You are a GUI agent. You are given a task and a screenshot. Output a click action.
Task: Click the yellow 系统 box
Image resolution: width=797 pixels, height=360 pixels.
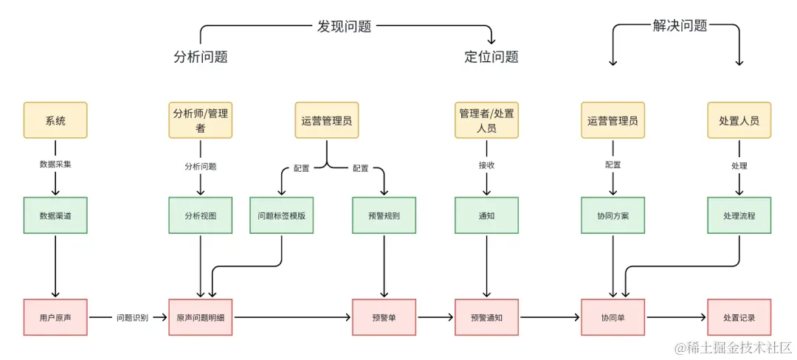coord(55,120)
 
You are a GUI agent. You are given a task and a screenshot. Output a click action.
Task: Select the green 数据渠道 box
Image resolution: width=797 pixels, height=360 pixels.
coord(55,215)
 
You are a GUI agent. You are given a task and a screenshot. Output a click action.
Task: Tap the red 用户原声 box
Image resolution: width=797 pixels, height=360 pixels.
coord(55,317)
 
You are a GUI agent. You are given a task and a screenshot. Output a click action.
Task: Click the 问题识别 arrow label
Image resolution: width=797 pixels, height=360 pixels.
coord(132,318)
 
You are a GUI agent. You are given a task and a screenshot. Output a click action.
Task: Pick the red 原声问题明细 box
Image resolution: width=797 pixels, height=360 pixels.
coord(201,317)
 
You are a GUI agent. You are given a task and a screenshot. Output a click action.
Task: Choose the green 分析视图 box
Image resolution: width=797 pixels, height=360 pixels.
coord(201,215)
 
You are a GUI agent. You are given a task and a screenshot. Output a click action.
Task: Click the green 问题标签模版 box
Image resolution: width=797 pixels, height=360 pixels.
coord(281,215)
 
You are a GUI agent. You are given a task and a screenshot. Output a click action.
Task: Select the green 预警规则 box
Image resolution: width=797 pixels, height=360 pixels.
coord(384,215)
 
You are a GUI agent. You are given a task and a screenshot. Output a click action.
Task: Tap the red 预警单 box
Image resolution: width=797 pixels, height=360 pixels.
coord(384,317)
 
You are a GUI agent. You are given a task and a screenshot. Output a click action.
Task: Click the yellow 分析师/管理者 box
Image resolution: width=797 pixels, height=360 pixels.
coord(201,120)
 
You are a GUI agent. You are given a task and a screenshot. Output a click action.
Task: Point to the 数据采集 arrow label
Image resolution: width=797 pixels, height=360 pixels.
coord(55,165)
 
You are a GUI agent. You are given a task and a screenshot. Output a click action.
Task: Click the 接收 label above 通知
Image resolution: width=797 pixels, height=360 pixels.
coord(486,165)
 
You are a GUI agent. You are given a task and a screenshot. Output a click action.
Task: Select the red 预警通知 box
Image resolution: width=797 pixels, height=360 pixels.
coord(486,317)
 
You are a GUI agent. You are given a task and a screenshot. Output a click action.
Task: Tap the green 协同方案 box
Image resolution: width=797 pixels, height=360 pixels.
coord(613,215)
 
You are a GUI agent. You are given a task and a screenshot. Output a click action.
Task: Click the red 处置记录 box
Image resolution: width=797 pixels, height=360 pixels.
coord(739,317)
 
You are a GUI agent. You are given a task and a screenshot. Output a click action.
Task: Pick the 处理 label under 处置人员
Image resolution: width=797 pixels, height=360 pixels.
coord(739,165)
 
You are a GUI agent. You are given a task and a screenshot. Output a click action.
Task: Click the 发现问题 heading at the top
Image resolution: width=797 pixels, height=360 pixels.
coord(344,27)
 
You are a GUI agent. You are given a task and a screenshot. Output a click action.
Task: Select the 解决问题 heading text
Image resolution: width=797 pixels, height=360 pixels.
coord(680,26)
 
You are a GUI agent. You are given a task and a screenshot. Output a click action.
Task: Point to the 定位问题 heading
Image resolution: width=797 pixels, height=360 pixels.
coord(491,57)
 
